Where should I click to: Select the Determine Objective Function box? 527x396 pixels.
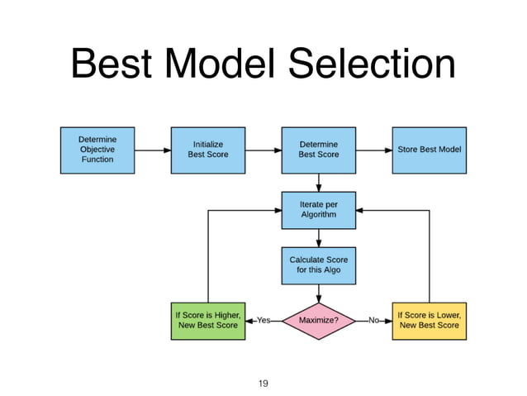click(97, 150)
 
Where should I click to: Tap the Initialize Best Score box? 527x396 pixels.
click(208, 150)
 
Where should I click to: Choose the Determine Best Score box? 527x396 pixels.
click(318, 150)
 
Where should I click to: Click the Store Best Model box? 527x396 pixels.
click(429, 150)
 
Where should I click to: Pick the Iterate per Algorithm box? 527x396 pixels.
click(318, 210)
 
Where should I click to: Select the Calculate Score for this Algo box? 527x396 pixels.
click(318, 264)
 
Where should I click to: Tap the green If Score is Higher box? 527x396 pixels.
click(208, 320)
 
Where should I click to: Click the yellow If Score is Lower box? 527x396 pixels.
click(429, 320)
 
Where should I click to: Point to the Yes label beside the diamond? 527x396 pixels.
click(263, 320)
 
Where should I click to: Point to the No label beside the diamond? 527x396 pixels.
click(373, 320)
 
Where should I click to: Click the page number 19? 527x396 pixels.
click(263, 383)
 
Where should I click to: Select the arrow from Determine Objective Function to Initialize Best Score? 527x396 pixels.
click(152, 150)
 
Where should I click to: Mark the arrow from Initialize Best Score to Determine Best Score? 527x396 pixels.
click(263, 150)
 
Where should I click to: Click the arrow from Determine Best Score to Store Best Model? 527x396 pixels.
click(373, 150)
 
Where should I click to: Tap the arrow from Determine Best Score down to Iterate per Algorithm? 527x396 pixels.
click(318, 182)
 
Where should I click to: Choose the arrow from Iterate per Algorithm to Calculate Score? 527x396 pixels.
click(318, 237)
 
